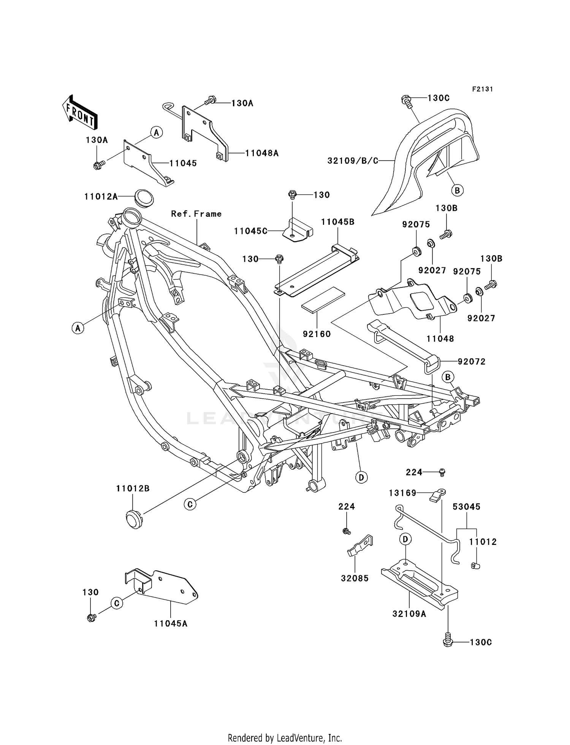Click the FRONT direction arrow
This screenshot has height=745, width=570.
pos(79,113)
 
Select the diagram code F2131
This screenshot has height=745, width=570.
pos(482,89)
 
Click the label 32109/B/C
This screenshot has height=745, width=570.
pos(353,161)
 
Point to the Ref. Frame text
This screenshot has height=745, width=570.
pos(196,214)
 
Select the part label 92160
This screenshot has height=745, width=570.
pos(317,334)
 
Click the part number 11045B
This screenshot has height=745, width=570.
pos(337,222)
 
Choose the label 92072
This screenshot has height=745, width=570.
pos(471,361)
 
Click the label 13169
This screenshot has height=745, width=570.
pos(402,493)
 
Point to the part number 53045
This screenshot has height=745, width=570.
pos(466,507)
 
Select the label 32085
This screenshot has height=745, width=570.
pos(355,578)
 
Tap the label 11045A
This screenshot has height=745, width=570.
pos(171,623)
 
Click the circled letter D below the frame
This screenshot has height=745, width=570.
pos(361,477)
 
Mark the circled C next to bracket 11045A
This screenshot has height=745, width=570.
pos(117,603)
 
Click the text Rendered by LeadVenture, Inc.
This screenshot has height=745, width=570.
pos(285,738)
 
